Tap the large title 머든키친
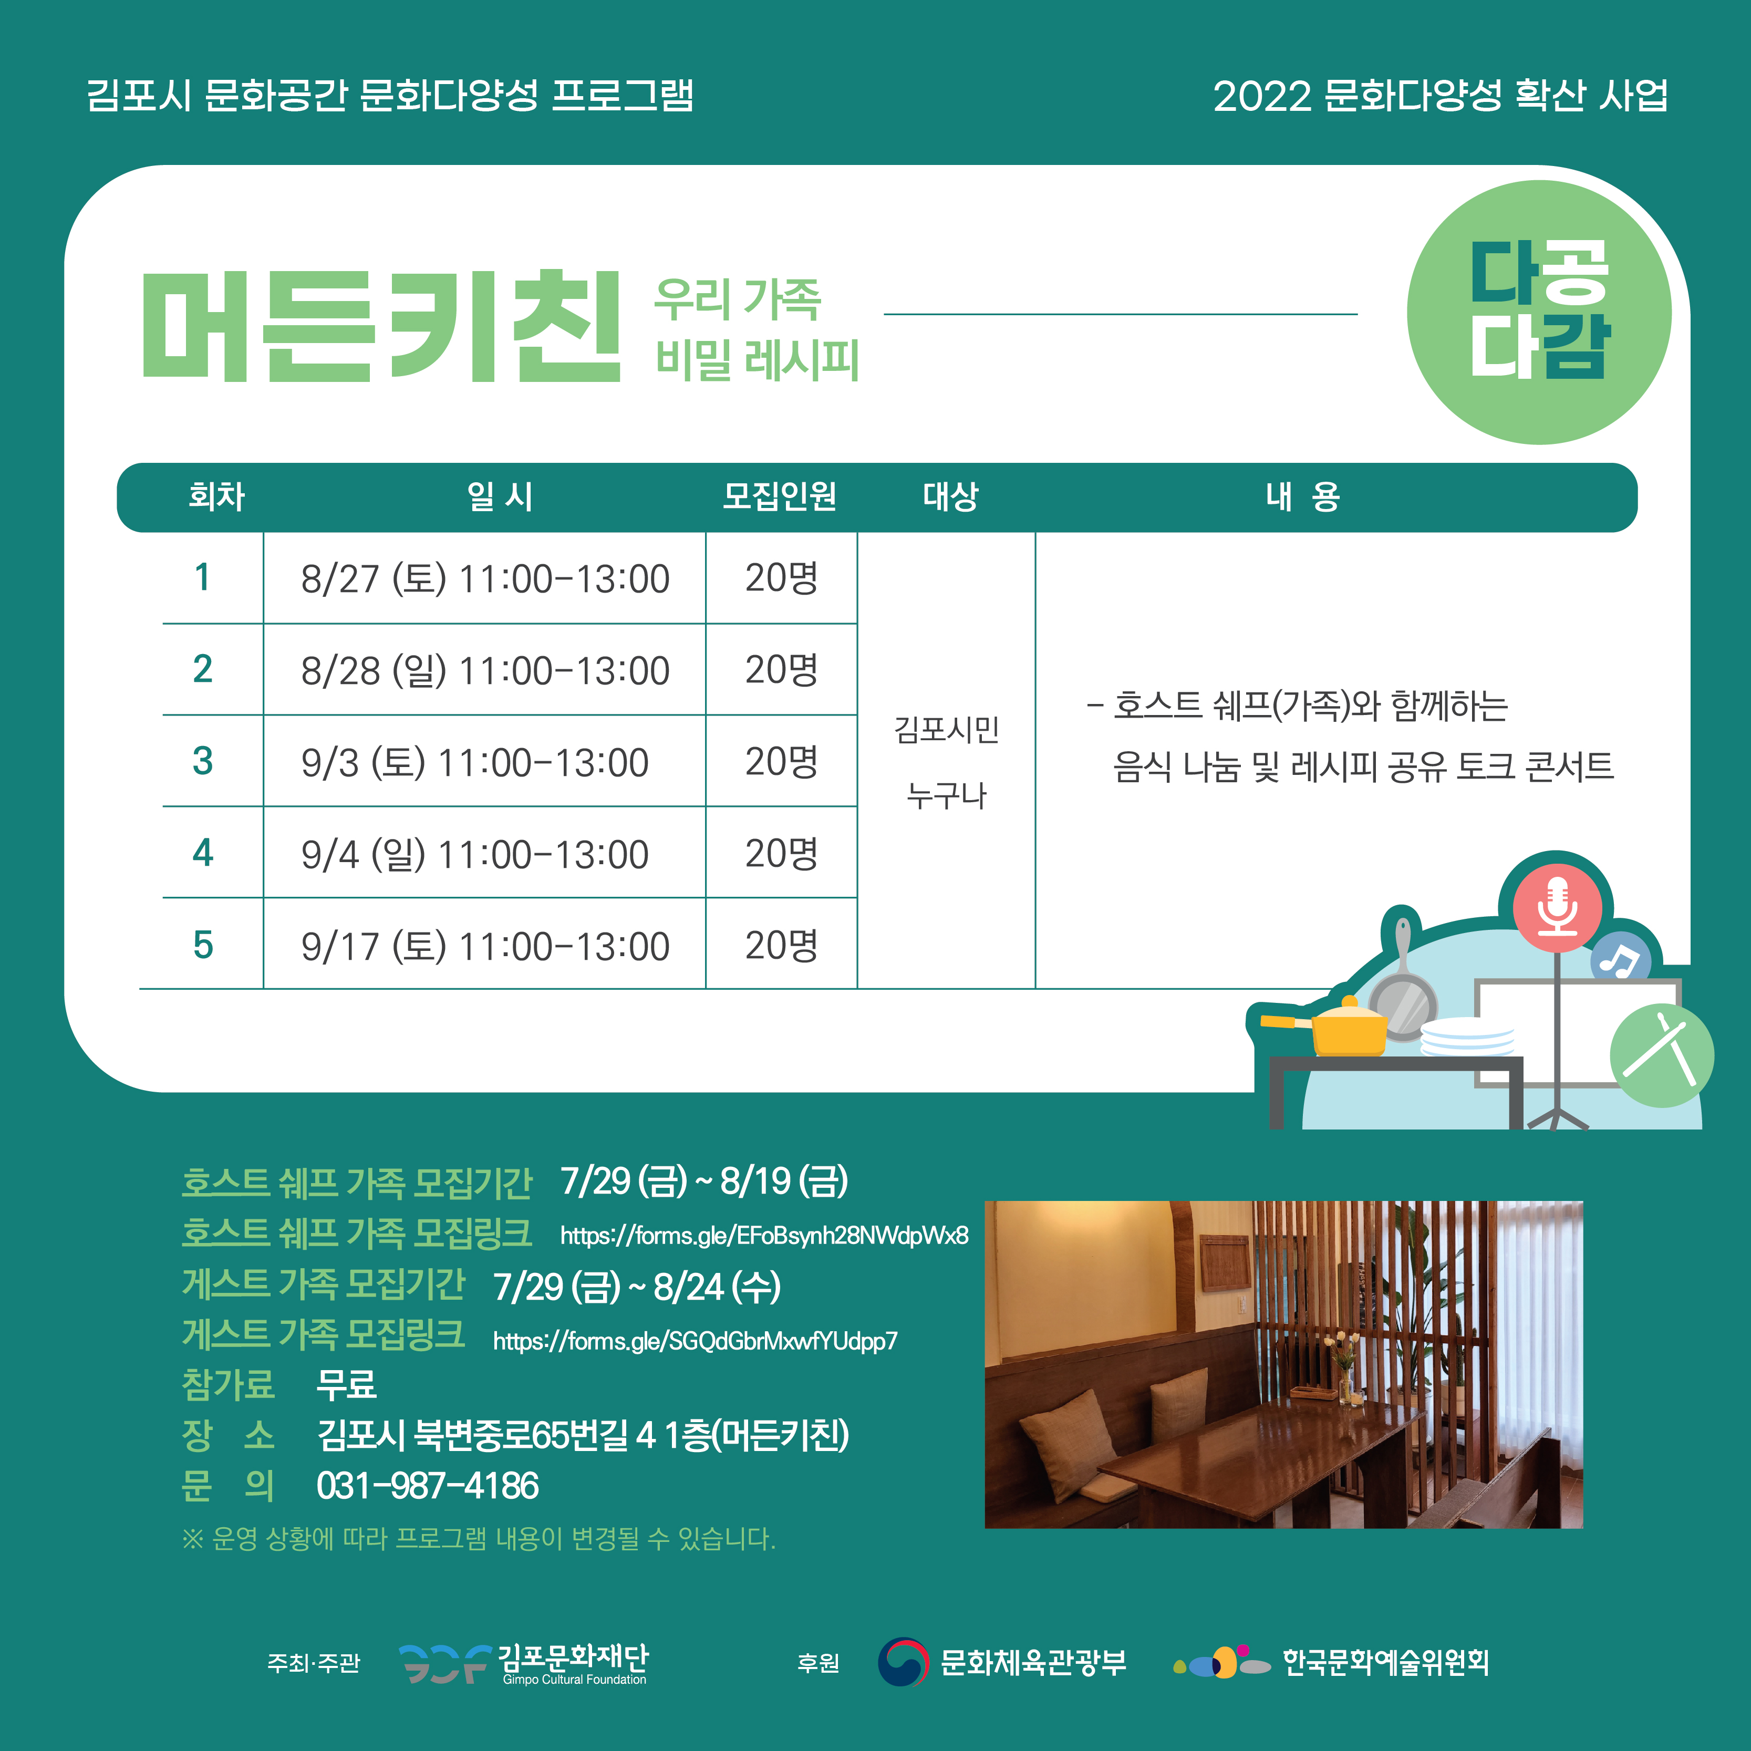tap(381, 326)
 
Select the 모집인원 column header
tap(780, 496)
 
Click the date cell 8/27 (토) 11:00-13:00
tap(485, 578)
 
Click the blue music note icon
tap(1621, 960)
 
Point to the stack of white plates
tap(1466, 1037)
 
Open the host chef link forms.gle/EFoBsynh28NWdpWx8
tap(764, 1235)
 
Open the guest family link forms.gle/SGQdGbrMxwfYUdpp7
tap(695, 1341)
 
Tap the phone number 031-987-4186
tap(428, 1486)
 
